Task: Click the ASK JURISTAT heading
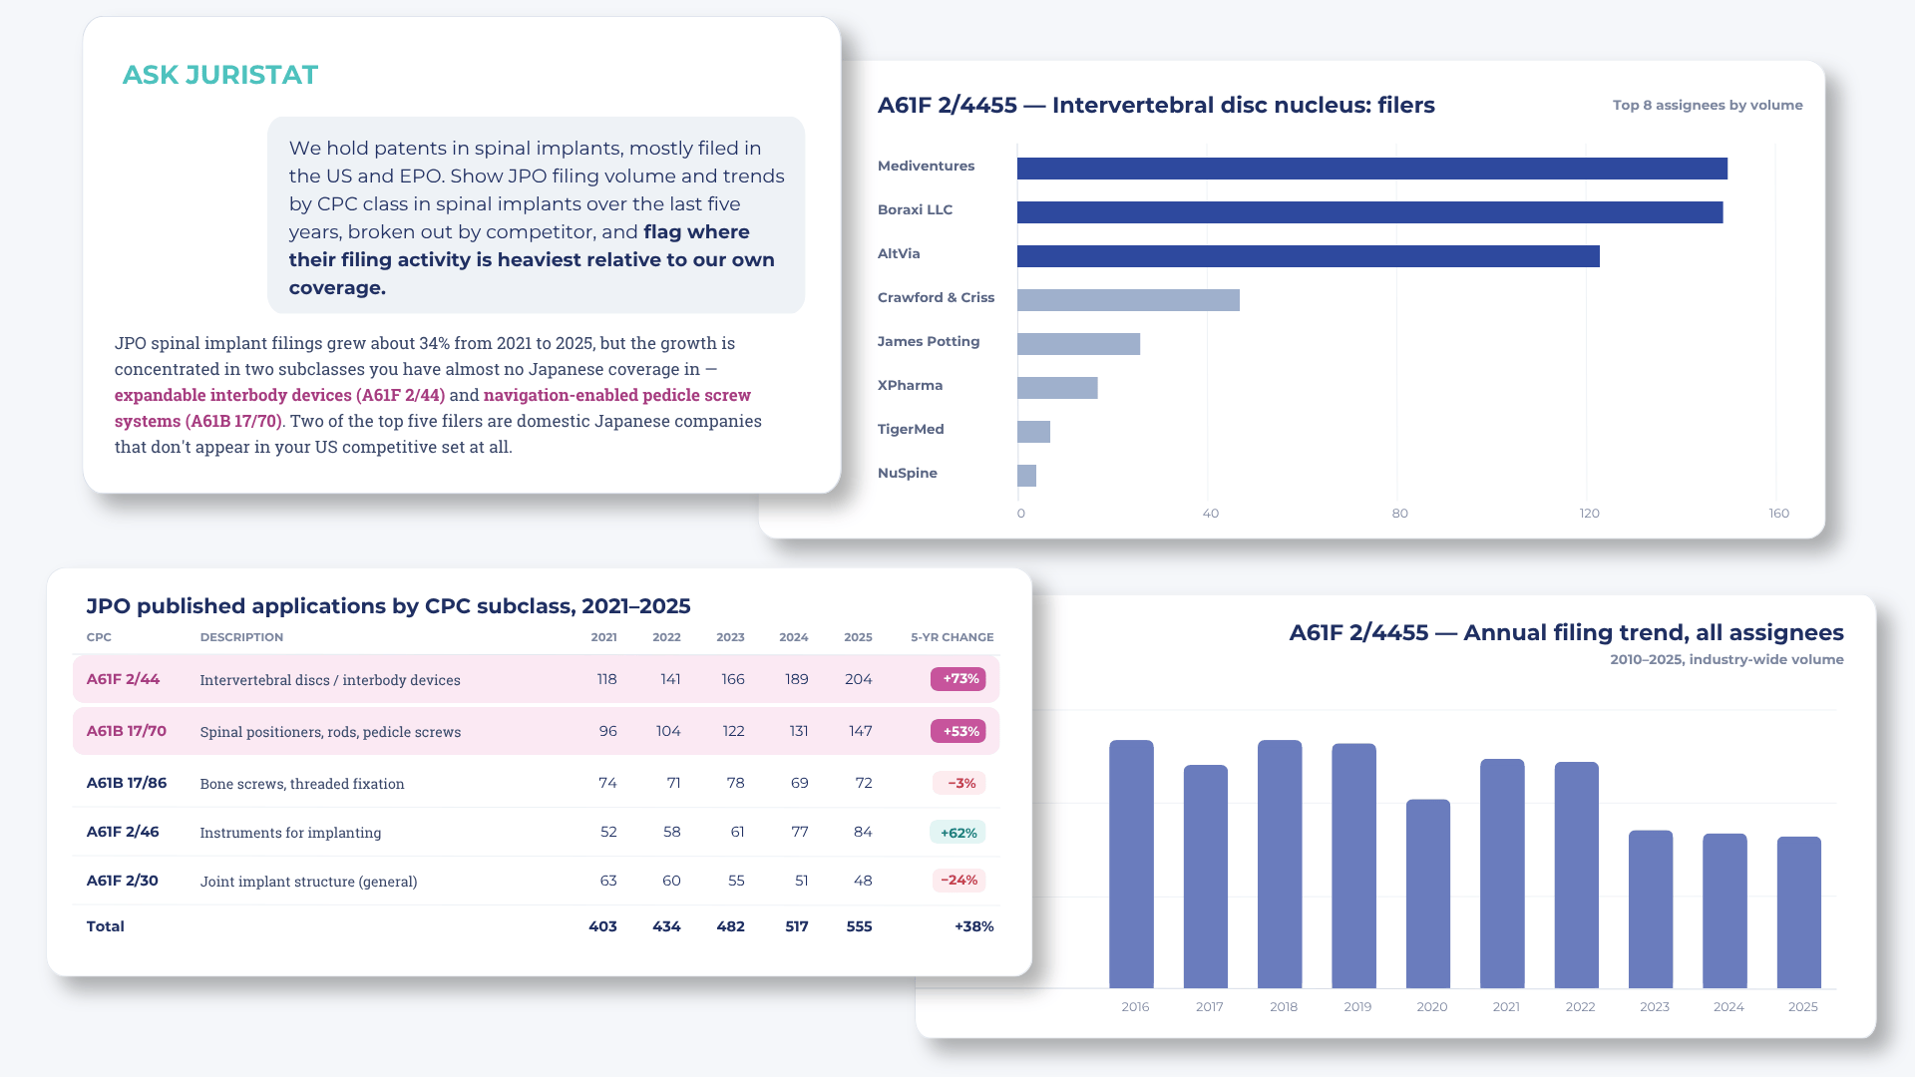[219, 75]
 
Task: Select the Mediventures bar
[1372, 169]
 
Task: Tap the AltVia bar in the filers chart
[1309, 256]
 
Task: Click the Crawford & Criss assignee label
[936, 297]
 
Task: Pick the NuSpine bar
[1026, 476]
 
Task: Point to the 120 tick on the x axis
[1589, 514]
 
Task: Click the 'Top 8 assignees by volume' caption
[1708, 105]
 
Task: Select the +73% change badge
[957, 679]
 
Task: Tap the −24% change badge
[958, 881]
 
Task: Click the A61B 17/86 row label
[127, 783]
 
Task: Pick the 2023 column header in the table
[730, 637]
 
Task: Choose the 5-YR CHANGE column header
[952, 637]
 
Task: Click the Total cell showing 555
[859, 926]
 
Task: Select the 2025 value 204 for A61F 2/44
[859, 679]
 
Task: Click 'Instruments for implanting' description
[290, 833]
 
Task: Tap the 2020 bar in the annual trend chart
[1428, 894]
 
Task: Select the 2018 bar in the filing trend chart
[1280, 864]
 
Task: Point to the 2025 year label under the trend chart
[1802, 1007]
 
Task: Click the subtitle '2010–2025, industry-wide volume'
[1726, 659]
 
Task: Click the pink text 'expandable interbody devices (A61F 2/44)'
[280, 395]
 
